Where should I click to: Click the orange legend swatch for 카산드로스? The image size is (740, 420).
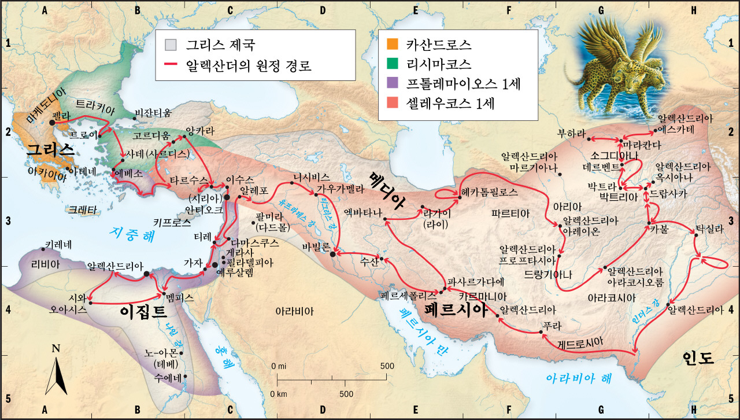[x=392, y=44]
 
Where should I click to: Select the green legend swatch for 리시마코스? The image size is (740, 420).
[x=392, y=64]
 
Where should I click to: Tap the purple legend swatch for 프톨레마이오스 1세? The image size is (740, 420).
[x=392, y=83]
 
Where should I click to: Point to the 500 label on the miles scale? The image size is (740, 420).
[x=387, y=367]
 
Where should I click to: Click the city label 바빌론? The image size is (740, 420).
[x=315, y=246]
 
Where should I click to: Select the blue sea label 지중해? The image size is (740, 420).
[x=131, y=234]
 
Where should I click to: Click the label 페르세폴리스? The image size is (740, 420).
[x=404, y=295]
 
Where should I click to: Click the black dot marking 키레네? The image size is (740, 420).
[x=43, y=249]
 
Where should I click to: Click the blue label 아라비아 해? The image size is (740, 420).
[x=579, y=378]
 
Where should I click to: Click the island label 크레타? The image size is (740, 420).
[x=82, y=209]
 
